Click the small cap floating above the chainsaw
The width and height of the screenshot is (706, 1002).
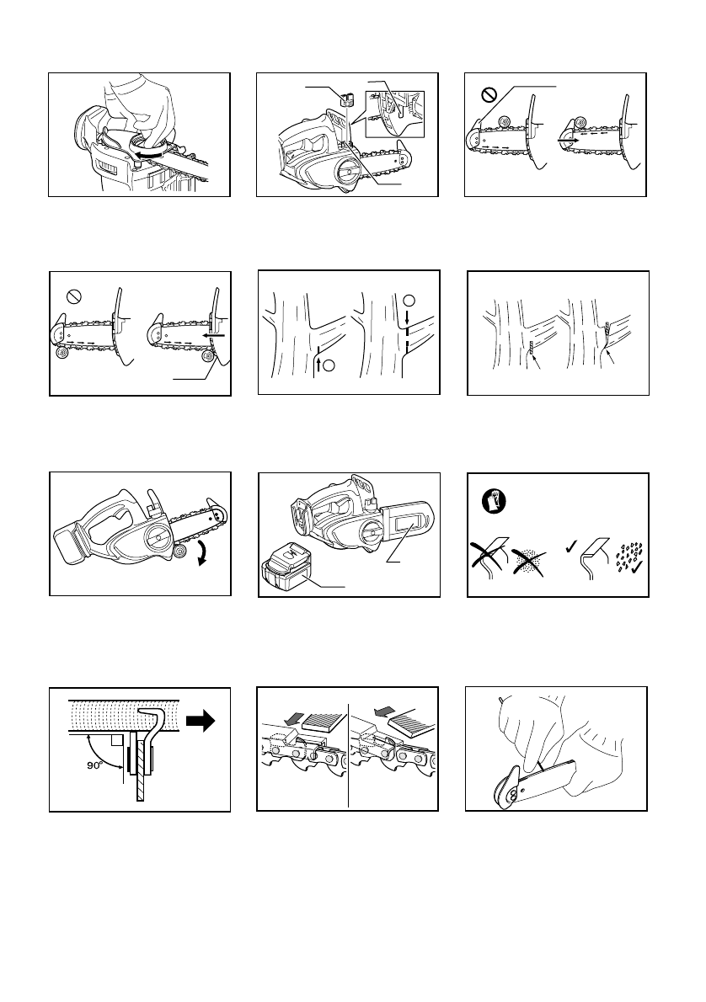[345, 99]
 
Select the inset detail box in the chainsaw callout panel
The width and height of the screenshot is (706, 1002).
[395, 114]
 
